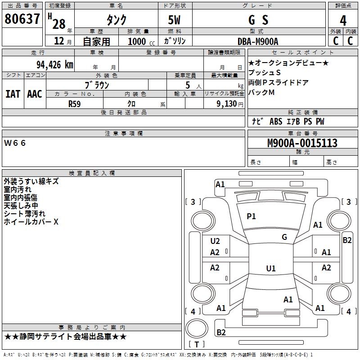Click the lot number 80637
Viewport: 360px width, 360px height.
22,20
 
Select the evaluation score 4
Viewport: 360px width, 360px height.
343,21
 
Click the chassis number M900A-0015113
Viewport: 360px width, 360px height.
302,143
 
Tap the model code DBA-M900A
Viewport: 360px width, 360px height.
258,41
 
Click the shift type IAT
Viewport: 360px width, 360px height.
13,94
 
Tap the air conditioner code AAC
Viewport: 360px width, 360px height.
35,94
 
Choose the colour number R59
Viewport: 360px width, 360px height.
75,103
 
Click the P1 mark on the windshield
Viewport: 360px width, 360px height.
251,216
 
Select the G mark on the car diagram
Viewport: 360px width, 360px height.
284,237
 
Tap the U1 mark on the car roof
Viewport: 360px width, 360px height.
270,269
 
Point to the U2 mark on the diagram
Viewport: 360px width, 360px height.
215,241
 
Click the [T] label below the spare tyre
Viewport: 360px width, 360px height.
197,344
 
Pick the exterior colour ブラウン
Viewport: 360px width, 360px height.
97,85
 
